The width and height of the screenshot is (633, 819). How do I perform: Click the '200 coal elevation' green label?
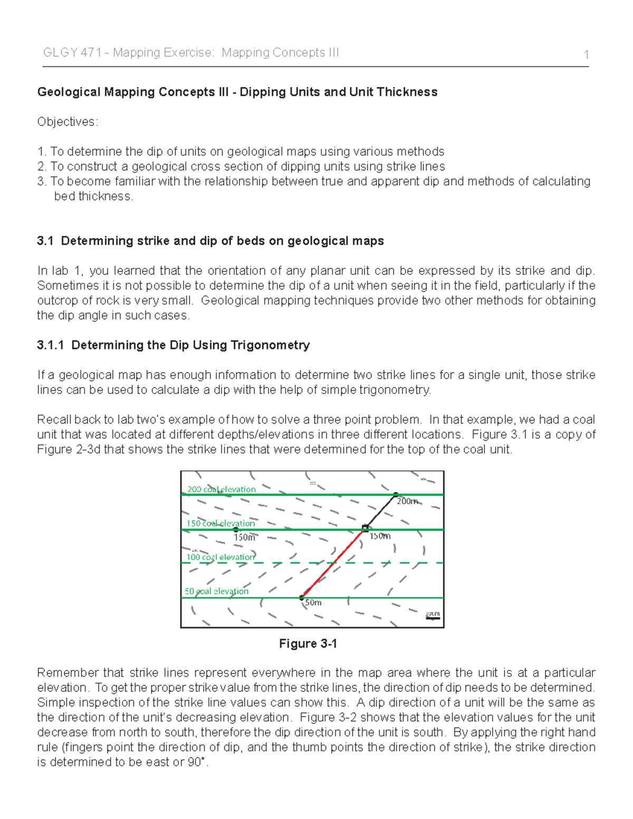[222, 489]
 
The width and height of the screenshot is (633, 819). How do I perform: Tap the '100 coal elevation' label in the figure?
[220, 557]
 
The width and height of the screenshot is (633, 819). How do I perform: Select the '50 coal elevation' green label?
[216, 591]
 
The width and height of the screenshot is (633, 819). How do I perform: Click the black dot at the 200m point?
[396, 495]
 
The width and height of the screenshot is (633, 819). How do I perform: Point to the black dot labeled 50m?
[302, 598]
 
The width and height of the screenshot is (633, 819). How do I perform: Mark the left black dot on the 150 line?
[236, 529]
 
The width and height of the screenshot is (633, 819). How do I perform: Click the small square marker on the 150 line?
[365, 527]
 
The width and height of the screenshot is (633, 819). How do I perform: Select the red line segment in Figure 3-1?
[333, 563]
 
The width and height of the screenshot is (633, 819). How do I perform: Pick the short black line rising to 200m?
[381, 510]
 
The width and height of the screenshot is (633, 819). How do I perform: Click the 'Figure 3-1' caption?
[308, 643]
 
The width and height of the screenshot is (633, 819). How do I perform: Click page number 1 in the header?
[586, 54]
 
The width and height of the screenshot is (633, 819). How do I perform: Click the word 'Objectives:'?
[68, 122]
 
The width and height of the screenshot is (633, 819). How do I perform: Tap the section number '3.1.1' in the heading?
[51, 345]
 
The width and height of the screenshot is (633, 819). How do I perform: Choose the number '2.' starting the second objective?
[42, 167]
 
